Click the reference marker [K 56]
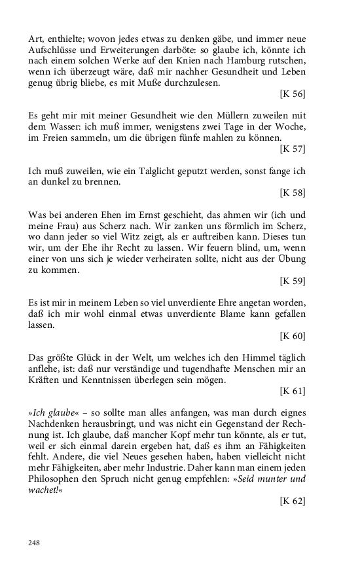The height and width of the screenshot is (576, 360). [292, 94]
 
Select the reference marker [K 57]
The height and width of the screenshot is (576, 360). [292, 149]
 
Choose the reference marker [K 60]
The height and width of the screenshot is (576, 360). [292, 336]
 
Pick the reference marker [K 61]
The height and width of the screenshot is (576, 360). [292, 391]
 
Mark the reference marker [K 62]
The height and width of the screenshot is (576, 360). [292, 502]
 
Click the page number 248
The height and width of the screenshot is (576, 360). [35, 543]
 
